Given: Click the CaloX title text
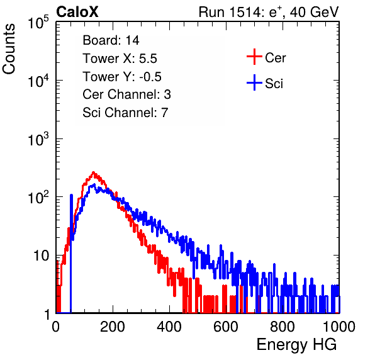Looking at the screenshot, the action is (77, 11).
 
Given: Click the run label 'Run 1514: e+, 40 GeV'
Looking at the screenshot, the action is (269, 11).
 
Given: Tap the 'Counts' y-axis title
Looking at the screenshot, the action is (9, 48).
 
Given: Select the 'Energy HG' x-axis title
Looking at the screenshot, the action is (296, 345).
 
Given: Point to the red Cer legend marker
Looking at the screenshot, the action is (254, 57).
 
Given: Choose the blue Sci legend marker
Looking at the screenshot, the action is (254, 82).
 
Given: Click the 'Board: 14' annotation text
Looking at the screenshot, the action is (111, 40).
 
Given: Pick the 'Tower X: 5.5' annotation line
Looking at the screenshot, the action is (120, 59).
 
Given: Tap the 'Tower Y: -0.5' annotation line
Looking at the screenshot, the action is (122, 77).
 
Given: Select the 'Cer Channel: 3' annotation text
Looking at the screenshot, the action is (126, 94).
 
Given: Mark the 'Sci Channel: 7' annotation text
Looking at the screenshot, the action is (125, 113).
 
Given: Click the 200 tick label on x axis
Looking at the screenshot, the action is (113, 327).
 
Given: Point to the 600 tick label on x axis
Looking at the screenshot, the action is (226, 327).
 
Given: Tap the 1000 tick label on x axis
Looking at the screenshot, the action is (339, 327).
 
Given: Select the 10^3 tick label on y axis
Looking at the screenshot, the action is (38, 140).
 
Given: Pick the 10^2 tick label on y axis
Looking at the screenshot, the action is (38, 198).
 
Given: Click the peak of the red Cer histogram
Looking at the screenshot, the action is (94, 172).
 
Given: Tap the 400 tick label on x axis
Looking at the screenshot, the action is (169, 327).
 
